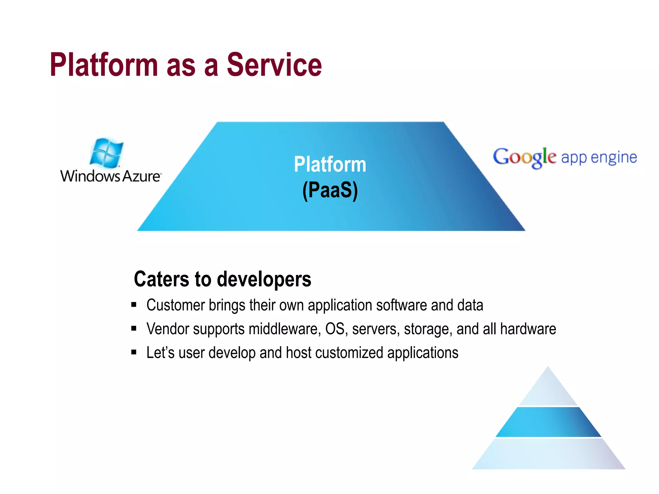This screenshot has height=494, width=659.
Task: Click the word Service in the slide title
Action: click(x=274, y=65)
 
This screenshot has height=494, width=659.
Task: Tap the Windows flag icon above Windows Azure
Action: click(x=107, y=153)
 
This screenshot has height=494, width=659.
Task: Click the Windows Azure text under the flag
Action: click(x=110, y=176)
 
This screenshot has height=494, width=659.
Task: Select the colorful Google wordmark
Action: click(x=524, y=157)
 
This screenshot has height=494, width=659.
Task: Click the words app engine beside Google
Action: click(x=599, y=157)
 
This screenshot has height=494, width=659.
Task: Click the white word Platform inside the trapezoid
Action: click(x=330, y=164)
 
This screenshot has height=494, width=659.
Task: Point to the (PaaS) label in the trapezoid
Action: click(x=330, y=190)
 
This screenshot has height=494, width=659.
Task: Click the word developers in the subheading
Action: click(x=264, y=279)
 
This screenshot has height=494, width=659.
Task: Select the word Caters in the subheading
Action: click(x=161, y=279)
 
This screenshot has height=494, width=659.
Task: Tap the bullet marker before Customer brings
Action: click(x=134, y=305)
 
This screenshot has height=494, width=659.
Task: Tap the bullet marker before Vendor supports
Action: click(x=134, y=328)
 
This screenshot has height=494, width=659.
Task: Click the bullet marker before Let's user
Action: click(x=134, y=352)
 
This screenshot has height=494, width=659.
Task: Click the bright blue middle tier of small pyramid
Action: click(x=548, y=422)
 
